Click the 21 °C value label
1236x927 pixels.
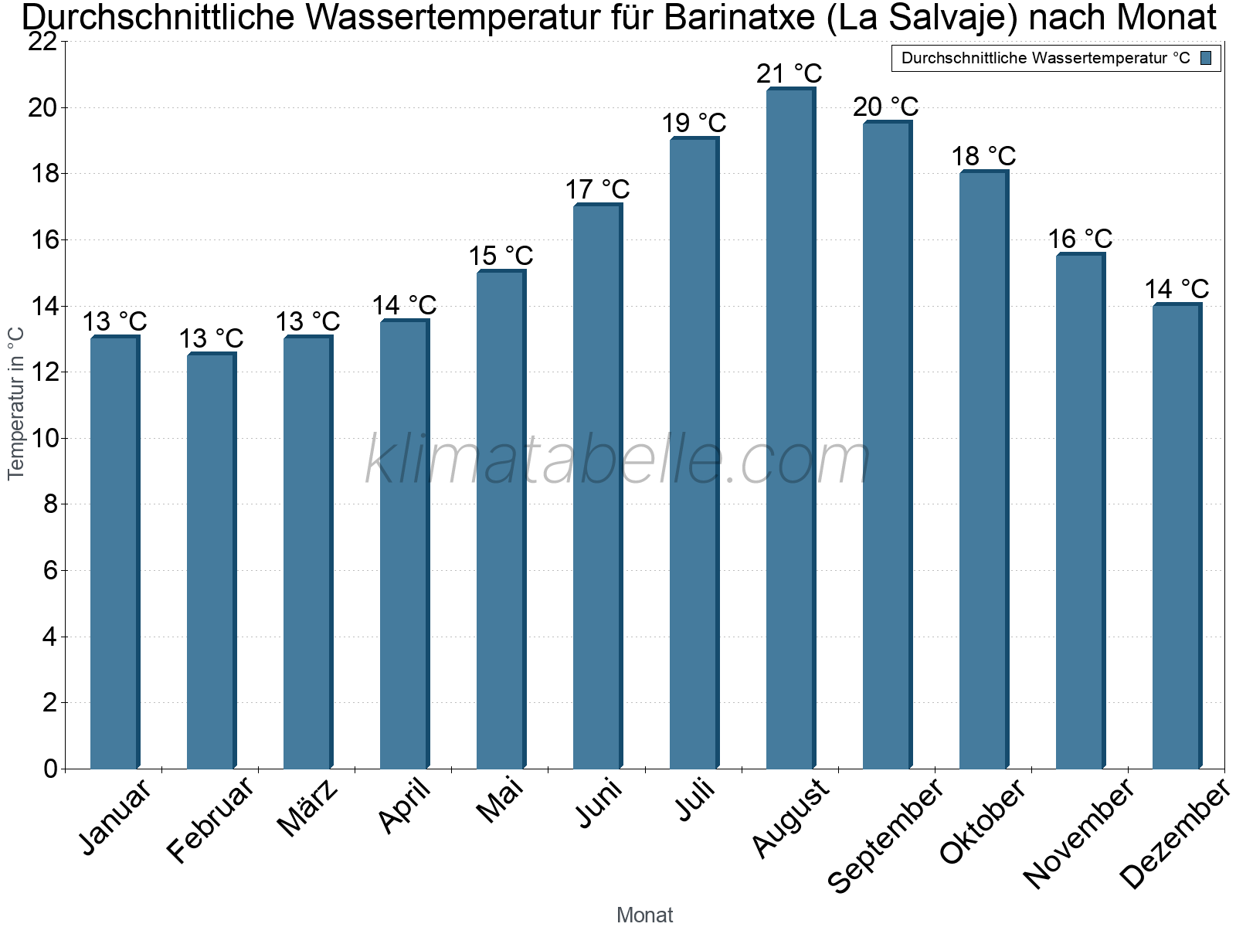point(789,74)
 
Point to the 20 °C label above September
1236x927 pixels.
point(886,107)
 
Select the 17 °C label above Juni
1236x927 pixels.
point(597,190)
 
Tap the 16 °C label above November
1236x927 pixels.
point(1080,239)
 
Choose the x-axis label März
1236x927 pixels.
point(307,808)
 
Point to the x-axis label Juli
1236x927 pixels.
point(695,800)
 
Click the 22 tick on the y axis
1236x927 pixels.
point(43,42)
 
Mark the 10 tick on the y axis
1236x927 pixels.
point(43,439)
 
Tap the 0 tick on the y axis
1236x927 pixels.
point(51,769)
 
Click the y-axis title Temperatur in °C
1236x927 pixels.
point(16,403)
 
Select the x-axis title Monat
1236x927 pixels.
point(644,915)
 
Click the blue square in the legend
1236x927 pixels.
point(1207,58)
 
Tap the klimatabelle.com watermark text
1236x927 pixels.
point(618,460)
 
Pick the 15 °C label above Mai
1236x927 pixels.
point(501,256)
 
